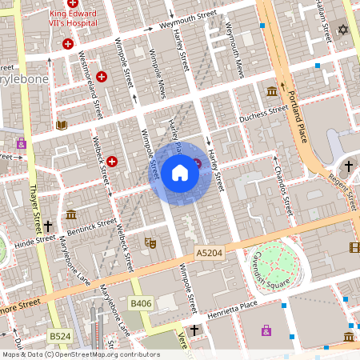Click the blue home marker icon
coord(180,173)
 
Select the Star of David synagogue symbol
coord(344,30)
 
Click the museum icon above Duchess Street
coord(272,91)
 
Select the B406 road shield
coord(141,303)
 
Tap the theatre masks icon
coord(149,242)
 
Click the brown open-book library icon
coord(62,125)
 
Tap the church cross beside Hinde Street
coord(48,226)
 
